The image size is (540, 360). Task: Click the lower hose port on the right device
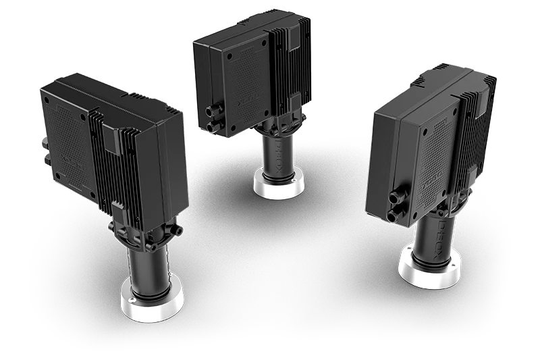(394, 215)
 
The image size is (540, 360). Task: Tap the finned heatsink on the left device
(108, 162)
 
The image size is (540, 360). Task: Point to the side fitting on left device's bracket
(180, 230)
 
